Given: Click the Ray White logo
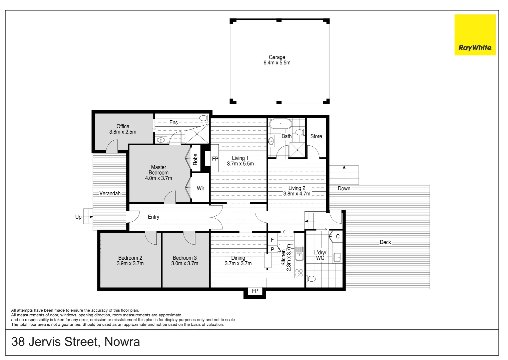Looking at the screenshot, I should (475, 35).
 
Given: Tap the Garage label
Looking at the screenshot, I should (277, 57).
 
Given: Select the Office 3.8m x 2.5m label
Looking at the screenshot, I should (123, 129).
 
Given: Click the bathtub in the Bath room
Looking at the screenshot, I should (281, 124).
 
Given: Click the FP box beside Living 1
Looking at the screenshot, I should (215, 159).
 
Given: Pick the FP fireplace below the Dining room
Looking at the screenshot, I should (255, 291).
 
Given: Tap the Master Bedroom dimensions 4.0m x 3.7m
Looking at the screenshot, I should (158, 178).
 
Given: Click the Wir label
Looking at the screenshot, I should (200, 188).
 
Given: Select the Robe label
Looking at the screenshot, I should (195, 159).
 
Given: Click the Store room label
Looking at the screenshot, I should (316, 136).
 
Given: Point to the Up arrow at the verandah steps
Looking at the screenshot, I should (87, 217).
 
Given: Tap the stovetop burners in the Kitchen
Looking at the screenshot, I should (299, 273).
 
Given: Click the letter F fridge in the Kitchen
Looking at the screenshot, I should (272, 240).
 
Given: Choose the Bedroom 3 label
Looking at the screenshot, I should (184, 258).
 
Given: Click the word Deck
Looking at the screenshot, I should (385, 242).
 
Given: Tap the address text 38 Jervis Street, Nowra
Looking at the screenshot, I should (76, 342).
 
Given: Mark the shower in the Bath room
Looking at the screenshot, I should (297, 150).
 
